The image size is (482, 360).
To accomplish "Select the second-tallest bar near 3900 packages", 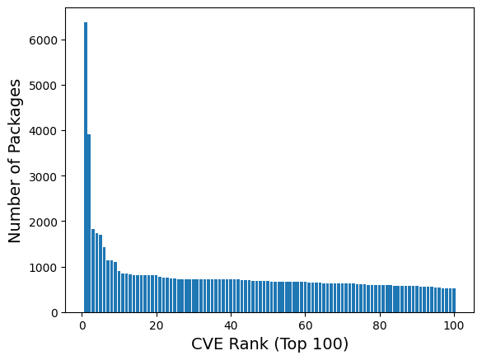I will pyautogui.click(x=89, y=223).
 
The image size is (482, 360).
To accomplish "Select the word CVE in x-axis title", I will pyautogui.click(x=207, y=344).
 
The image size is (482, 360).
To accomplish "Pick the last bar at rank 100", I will pyautogui.click(x=454, y=301).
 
